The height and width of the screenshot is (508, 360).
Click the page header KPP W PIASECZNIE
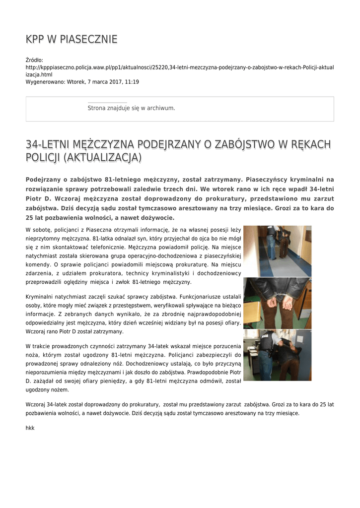[x=72, y=39]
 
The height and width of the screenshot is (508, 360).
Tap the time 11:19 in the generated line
[x=132, y=81]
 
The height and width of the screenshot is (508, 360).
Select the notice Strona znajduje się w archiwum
[x=131, y=108]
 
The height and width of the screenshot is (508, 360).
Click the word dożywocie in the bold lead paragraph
[x=156, y=217]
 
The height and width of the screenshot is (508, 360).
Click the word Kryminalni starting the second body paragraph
[x=42, y=297]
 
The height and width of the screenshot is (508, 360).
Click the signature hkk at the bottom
[x=30, y=427]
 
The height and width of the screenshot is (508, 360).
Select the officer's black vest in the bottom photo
[x=266, y=342]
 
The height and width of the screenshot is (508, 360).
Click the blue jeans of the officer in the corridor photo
[x=271, y=248]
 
